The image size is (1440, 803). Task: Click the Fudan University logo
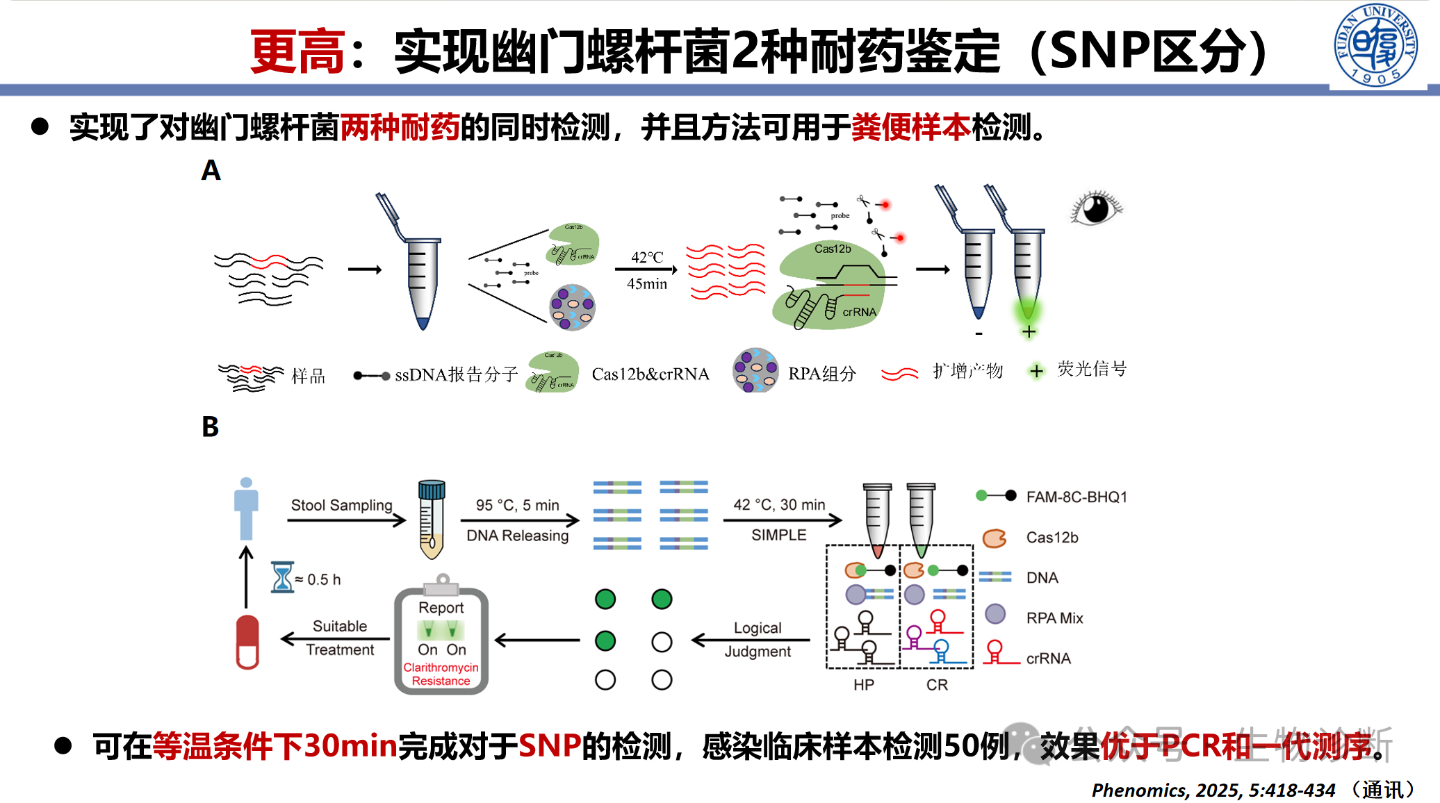point(1375,45)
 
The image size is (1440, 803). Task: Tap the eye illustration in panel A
point(1096,208)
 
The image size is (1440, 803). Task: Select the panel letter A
point(211,171)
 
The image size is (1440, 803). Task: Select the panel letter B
point(210,427)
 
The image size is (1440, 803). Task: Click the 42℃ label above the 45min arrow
point(646,258)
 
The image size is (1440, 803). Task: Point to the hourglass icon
point(282,577)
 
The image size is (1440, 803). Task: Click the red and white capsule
point(247,642)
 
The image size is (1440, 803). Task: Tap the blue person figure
point(246,508)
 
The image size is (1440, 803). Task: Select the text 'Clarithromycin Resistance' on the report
point(441,674)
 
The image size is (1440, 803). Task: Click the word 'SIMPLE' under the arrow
point(778,535)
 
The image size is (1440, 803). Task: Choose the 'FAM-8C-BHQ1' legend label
point(1077,497)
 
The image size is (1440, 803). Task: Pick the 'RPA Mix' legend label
point(1054,618)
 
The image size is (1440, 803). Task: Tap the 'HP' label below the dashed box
point(863,685)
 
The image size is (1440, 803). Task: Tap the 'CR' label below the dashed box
point(937,685)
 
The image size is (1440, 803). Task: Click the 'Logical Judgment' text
point(758,639)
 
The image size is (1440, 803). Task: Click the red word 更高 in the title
point(297,52)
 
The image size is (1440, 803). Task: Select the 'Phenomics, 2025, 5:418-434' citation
point(1213,790)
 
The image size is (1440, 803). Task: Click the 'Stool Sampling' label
point(341,505)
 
